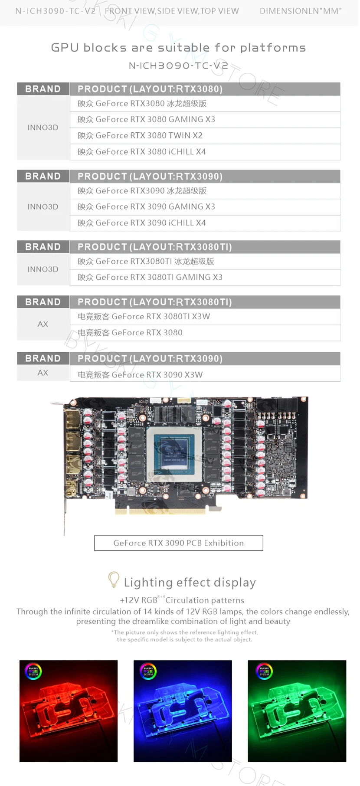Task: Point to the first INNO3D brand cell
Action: pyautogui.click(x=43, y=128)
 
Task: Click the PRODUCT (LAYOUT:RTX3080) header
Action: pyautogui.click(x=150, y=89)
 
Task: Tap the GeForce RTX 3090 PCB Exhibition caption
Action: pyautogui.click(x=179, y=543)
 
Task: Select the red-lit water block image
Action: pyautogui.click(x=69, y=711)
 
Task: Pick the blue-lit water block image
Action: pyautogui.click(x=183, y=711)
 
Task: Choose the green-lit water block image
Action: pyautogui.click(x=297, y=711)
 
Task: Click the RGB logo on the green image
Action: pyautogui.click(x=264, y=671)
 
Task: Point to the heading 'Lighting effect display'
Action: pyautogui.click(x=190, y=582)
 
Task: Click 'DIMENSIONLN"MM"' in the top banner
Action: pyautogui.click(x=301, y=11)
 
